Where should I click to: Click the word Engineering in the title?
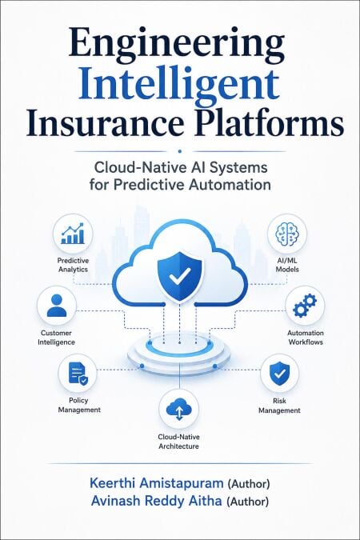tap(177, 46)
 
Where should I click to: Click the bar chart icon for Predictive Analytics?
tap(73, 234)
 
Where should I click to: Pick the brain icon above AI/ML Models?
tap(287, 233)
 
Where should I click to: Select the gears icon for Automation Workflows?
tap(305, 305)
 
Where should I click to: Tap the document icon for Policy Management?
tap(78, 374)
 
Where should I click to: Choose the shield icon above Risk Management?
tap(279, 374)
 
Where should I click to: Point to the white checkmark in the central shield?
tap(180, 276)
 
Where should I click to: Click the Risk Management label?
tap(279, 406)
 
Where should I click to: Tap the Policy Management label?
tap(79, 405)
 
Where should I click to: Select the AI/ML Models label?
tap(287, 265)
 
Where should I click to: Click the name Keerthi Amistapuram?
tap(157, 483)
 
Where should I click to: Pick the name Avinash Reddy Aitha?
tap(157, 501)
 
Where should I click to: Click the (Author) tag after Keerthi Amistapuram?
tap(248, 484)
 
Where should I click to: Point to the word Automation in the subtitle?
tap(230, 185)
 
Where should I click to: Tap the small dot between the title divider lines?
tap(179, 151)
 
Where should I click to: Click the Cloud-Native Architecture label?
tap(178, 442)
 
